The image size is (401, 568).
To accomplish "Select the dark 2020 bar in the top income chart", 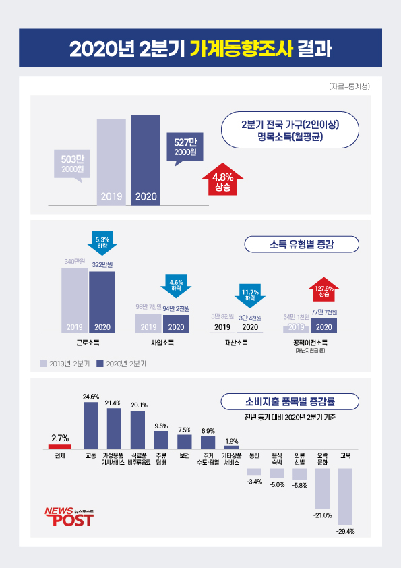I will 146,159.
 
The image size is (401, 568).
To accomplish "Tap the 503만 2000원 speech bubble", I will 71,164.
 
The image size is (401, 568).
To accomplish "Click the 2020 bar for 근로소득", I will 102,301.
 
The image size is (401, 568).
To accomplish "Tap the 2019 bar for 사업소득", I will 148,323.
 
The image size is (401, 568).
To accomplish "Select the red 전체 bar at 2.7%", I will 60,446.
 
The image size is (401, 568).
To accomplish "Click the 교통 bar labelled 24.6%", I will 90,426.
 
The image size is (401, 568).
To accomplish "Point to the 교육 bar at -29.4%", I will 345,496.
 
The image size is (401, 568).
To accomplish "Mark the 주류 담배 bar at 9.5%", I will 161,440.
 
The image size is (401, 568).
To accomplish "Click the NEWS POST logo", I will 69,515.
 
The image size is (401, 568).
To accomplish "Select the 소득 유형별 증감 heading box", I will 301,244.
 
